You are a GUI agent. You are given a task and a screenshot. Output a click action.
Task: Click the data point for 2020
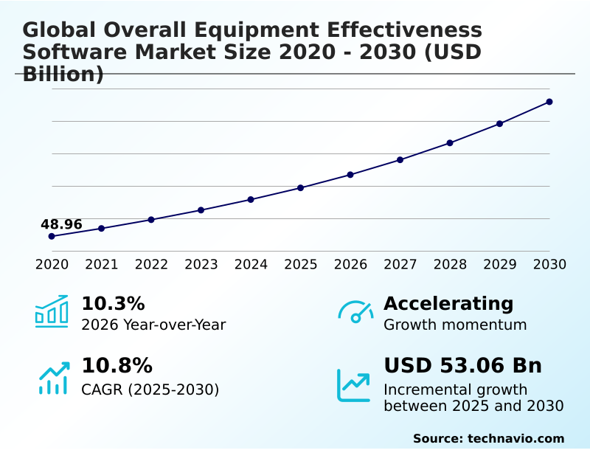tap(52, 236)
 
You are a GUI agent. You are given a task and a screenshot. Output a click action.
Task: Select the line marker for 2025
tap(300, 187)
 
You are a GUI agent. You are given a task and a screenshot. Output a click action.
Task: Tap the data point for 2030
tap(549, 102)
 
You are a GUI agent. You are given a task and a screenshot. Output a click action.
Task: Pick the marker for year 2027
tap(400, 159)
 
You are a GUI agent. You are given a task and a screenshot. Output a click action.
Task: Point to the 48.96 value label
tap(61, 224)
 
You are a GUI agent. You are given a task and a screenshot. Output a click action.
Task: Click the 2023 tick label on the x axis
tap(201, 264)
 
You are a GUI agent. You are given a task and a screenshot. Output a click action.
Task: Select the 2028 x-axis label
tap(450, 264)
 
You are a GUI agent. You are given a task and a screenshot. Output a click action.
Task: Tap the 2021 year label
tap(101, 264)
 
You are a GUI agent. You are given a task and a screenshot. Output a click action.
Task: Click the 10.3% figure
tap(112, 303)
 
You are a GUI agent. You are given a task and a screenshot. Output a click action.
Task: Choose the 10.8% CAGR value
tap(117, 365)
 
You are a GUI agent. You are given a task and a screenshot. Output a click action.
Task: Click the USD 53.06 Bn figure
tap(462, 365)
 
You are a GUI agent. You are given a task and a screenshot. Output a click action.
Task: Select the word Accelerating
tap(448, 303)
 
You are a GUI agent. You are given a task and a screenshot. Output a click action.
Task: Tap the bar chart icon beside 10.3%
tap(52, 311)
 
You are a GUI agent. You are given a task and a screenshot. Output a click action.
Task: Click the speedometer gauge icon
tap(355, 311)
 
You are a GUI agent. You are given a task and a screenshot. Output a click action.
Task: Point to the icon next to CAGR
tap(53, 378)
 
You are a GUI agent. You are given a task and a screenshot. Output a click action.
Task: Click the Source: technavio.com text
tap(488, 438)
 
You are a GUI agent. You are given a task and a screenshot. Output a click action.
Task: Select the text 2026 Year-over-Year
tap(153, 325)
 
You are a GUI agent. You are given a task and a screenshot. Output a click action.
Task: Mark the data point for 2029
tap(499, 123)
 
